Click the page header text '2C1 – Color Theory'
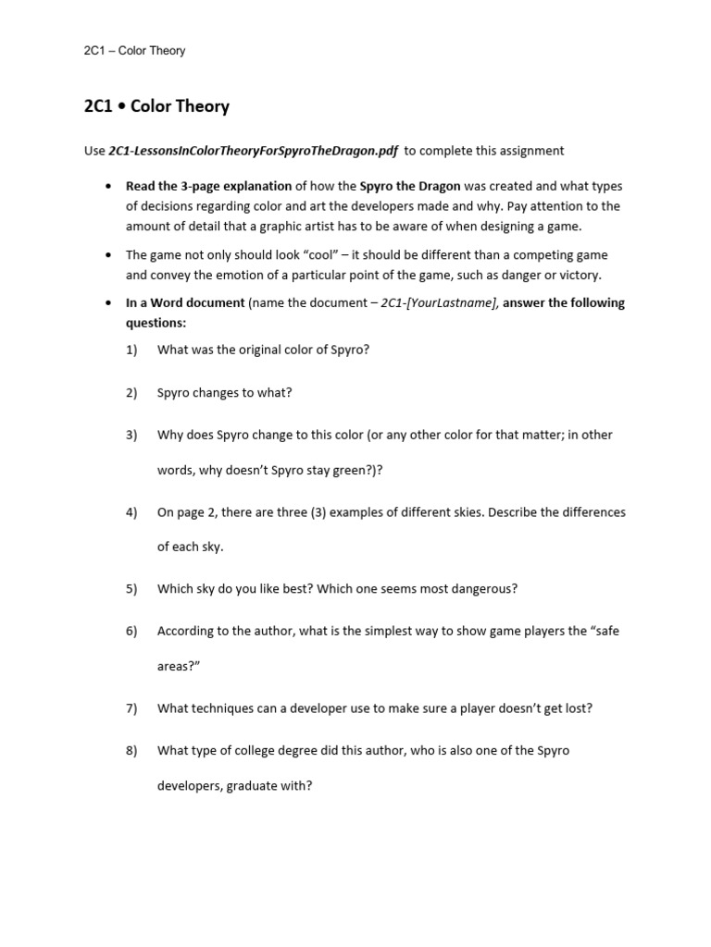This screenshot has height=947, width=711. [134, 51]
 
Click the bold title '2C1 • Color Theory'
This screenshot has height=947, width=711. [156, 106]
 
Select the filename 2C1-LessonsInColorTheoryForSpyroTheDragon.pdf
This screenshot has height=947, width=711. [253, 151]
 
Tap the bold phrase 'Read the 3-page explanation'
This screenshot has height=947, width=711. [208, 186]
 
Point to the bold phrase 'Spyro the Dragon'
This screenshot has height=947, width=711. [409, 186]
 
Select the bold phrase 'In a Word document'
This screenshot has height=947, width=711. [185, 302]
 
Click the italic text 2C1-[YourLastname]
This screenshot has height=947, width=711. [440, 302]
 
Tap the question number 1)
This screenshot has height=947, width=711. [131, 350]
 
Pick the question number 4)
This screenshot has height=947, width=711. [131, 512]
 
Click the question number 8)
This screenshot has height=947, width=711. [131, 751]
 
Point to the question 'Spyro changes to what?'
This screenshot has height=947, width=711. [224, 392]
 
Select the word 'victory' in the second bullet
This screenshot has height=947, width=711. [577, 275]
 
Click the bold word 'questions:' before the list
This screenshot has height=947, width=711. [156, 323]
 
